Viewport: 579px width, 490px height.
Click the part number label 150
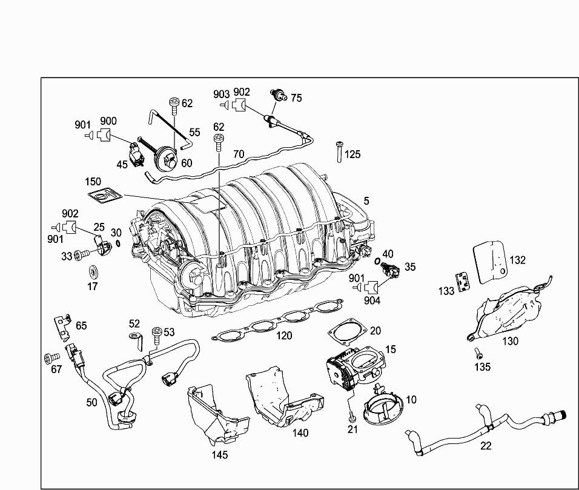pyautogui.click(x=93, y=182)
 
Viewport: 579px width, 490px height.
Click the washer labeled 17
pyautogui.click(x=93, y=273)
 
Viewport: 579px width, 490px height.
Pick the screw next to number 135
pyautogui.click(x=478, y=353)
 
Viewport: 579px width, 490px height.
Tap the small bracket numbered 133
pyautogui.click(x=463, y=282)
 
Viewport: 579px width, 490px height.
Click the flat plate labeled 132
pyautogui.click(x=490, y=262)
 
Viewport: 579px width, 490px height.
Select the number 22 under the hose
pyautogui.click(x=486, y=446)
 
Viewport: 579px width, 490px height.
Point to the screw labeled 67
pyautogui.click(x=51, y=358)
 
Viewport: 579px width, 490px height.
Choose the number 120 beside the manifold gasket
pyautogui.click(x=284, y=336)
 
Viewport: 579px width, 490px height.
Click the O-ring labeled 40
pyautogui.click(x=377, y=260)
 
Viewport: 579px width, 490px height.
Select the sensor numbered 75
pyautogui.click(x=279, y=96)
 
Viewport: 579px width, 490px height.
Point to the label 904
pyautogui.click(x=372, y=300)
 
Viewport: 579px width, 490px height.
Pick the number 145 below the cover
pyautogui.click(x=220, y=455)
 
